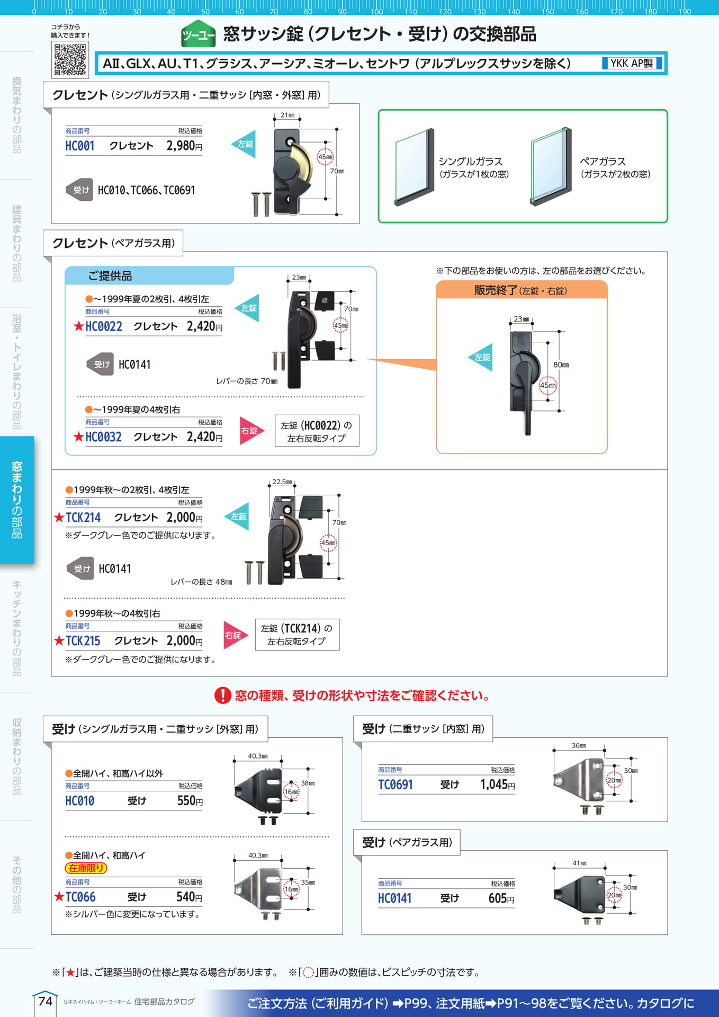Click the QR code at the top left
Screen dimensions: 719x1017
pos(70,59)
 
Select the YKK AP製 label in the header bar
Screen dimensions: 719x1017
pos(632,64)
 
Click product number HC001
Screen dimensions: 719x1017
pos(80,146)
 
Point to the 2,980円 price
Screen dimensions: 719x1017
pos(184,146)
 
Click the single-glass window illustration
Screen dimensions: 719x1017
pos(415,167)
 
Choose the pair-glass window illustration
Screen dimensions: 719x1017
pos(551,167)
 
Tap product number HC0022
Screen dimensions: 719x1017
pos(104,326)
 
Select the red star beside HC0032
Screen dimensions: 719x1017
pos(79,437)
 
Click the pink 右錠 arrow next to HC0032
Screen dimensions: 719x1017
pos(251,431)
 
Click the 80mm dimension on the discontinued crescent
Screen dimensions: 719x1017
pos(561,365)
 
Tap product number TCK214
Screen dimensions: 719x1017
pos(83,518)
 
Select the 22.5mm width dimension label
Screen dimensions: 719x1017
pos(282,482)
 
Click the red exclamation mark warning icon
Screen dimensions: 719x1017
pos(223,695)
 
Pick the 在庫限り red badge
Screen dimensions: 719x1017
pos(86,868)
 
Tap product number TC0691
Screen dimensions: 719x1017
pos(396,785)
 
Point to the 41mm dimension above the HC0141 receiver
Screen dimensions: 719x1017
pos(580,863)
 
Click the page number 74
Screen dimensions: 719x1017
pos(46,1001)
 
